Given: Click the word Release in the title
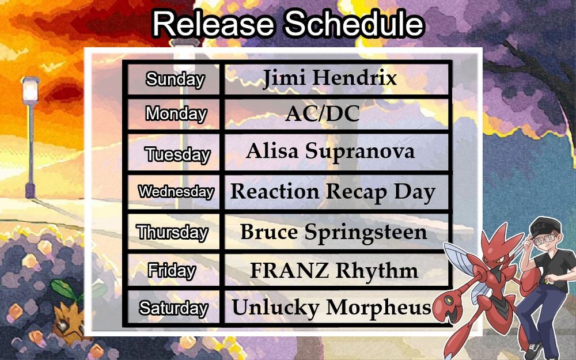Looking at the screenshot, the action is coord(214,24).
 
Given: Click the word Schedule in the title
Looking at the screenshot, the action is coord(355,24).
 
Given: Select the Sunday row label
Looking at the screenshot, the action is coord(175,79).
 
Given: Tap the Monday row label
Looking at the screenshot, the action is coord(176,113).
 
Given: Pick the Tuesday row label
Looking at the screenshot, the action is coord(177,154).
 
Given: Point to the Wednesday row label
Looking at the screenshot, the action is coord(176,192).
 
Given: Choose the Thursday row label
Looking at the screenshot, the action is coord(172,233).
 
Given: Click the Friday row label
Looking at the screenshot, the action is coord(172,271).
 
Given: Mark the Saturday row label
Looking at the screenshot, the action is coord(173,308).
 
